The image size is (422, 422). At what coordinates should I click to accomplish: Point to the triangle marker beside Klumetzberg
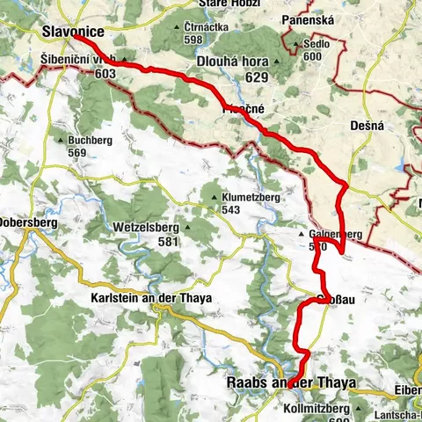coord(215,198)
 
